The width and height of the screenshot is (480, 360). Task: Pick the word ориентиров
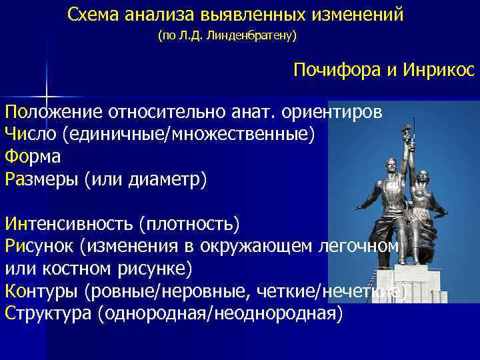coord(339,111)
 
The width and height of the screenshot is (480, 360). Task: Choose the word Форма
coord(32,157)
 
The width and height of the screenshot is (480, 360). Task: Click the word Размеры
coord(41,179)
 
